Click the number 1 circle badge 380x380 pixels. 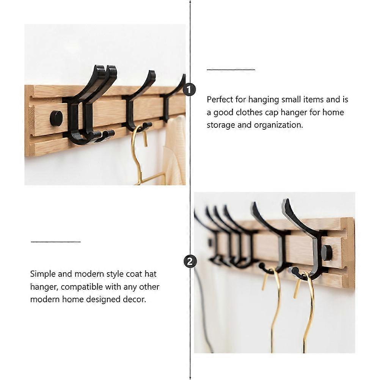click(x=189, y=90)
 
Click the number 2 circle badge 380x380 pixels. click(x=190, y=261)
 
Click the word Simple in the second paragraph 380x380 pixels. click(x=42, y=274)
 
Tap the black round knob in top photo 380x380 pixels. click(x=56, y=118)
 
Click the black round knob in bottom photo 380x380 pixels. click(x=327, y=252)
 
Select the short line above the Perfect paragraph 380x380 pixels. click(x=231, y=70)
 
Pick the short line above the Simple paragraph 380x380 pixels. click(x=56, y=241)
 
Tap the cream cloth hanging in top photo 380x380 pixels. click(x=175, y=152)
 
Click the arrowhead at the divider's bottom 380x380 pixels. click(x=190, y=377)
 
